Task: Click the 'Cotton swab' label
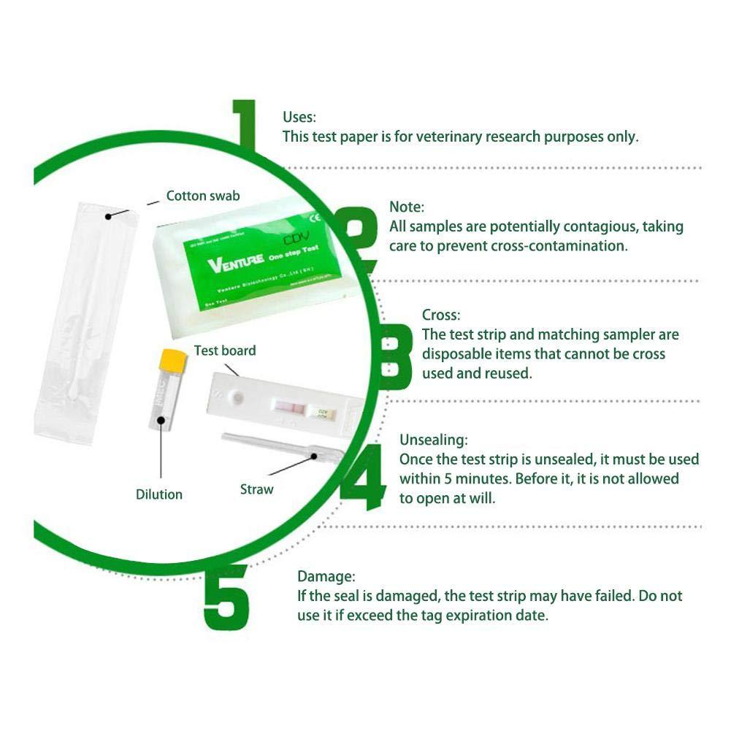pos(202,196)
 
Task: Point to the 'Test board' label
pos(225,351)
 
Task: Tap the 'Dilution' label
pos(159,494)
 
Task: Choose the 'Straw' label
pos(256,489)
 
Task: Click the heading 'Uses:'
pos(299,118)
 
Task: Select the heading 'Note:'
pos(406,207)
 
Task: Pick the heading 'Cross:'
pos(441,315)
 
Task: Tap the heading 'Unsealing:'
pos(434,440)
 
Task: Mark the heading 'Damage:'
pos(325,576)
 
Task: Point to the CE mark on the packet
pos(317,217)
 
